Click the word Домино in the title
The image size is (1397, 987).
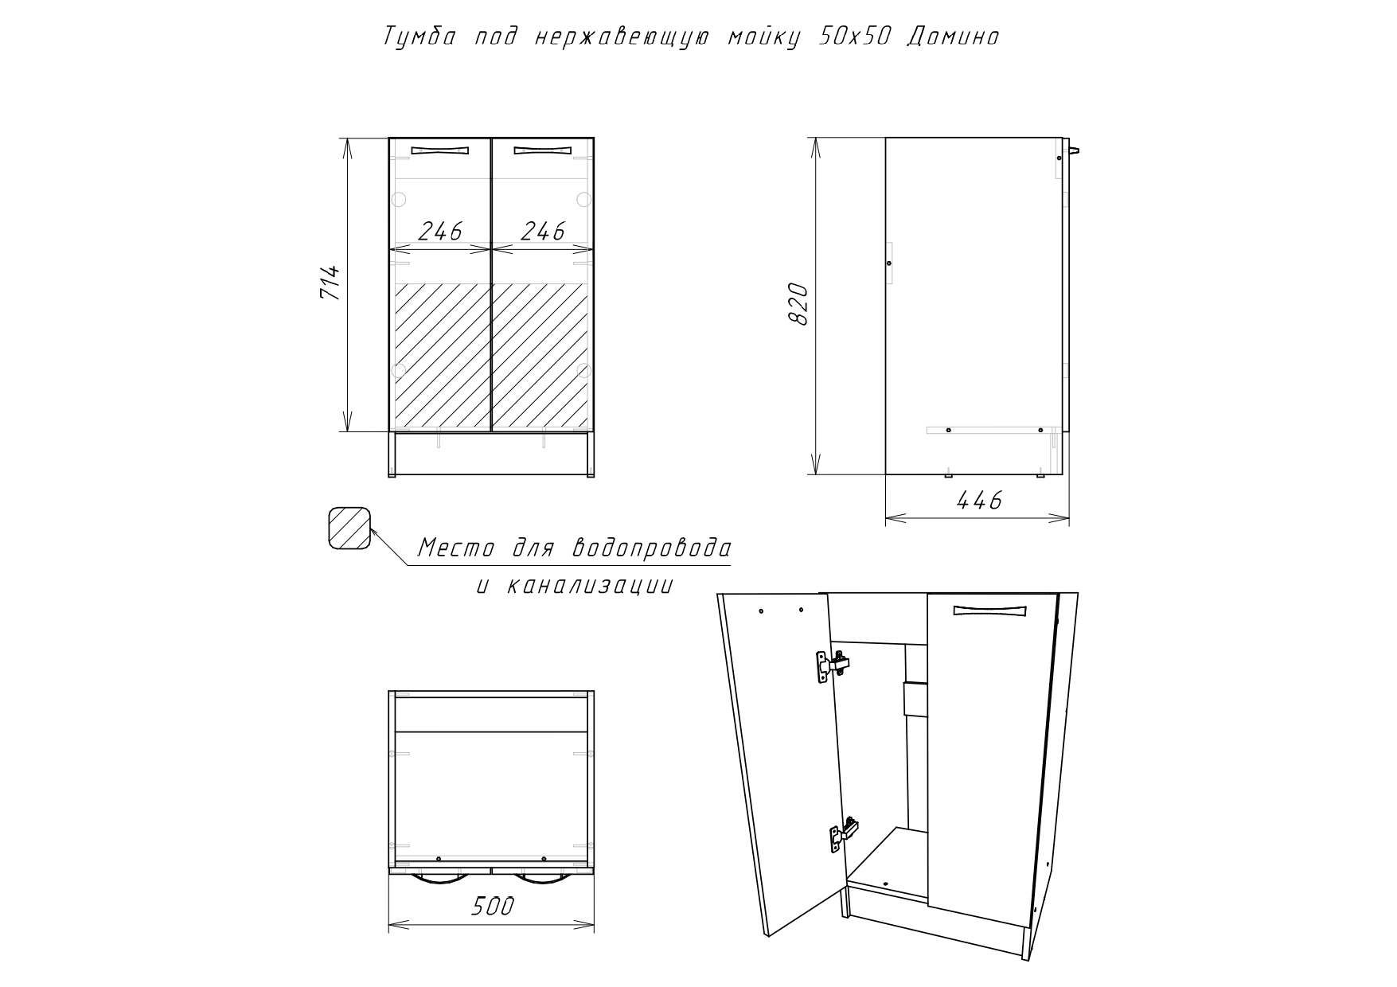tap(953, 37)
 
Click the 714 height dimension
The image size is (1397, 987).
tap(330, 283)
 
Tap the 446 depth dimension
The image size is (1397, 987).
tap(978, 500)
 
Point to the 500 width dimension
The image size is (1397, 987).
tap(493, 906)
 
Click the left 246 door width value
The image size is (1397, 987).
tap(440, 231)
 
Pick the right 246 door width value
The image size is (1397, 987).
tap(542, 231)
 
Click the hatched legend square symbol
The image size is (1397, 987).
tap(350, 529)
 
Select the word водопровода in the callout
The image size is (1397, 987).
tap(651, 548)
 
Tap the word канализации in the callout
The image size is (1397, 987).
tap(587, 586)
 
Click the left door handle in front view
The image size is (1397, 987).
tap(439, 150)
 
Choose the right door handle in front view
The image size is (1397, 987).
tap(542, 150)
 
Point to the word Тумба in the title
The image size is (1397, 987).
tap(419, 37)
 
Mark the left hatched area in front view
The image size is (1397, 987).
tap(441, 357)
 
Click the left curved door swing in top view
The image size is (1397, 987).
tap(440, 879)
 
